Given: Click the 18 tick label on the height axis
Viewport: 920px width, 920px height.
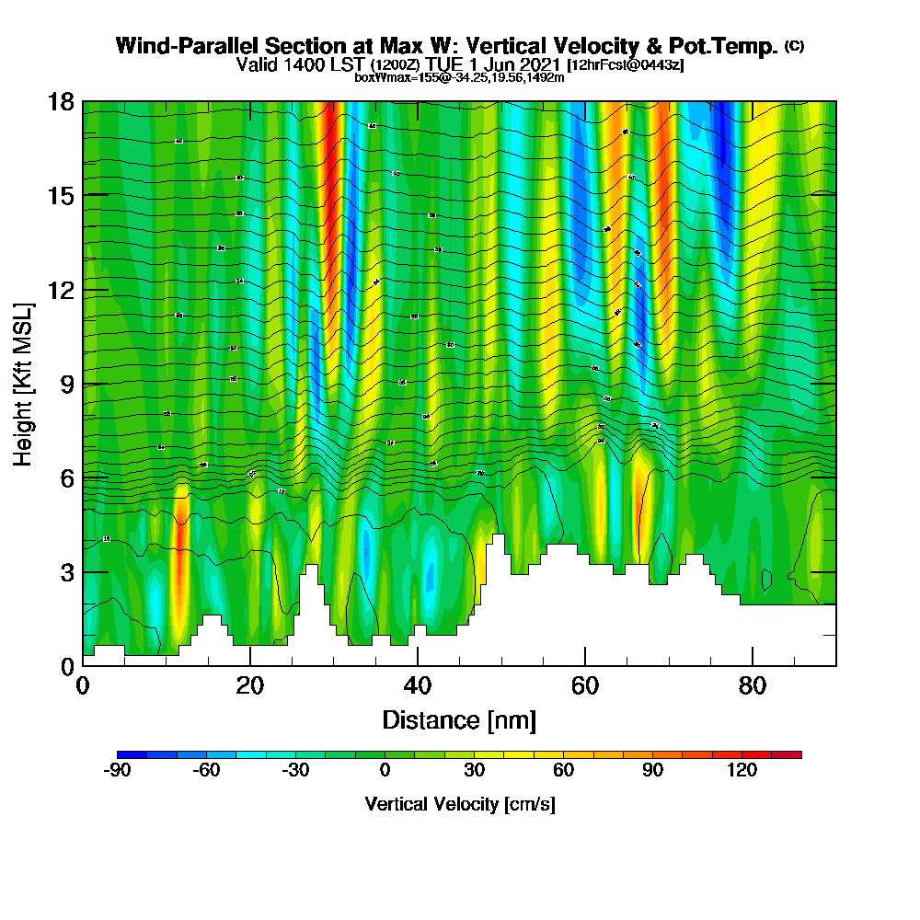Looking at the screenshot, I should [60, 101].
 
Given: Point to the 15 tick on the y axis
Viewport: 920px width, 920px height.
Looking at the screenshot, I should [60, 195].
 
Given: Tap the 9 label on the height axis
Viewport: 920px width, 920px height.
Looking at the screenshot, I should [65, 384].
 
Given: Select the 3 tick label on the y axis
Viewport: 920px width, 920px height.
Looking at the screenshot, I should [65, 572].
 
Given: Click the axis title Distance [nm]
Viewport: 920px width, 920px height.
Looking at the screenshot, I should [459, 719].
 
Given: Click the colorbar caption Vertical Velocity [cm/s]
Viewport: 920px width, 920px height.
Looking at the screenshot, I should [459, 804].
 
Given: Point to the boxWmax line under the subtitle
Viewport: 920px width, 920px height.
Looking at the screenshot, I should [459, 77].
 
